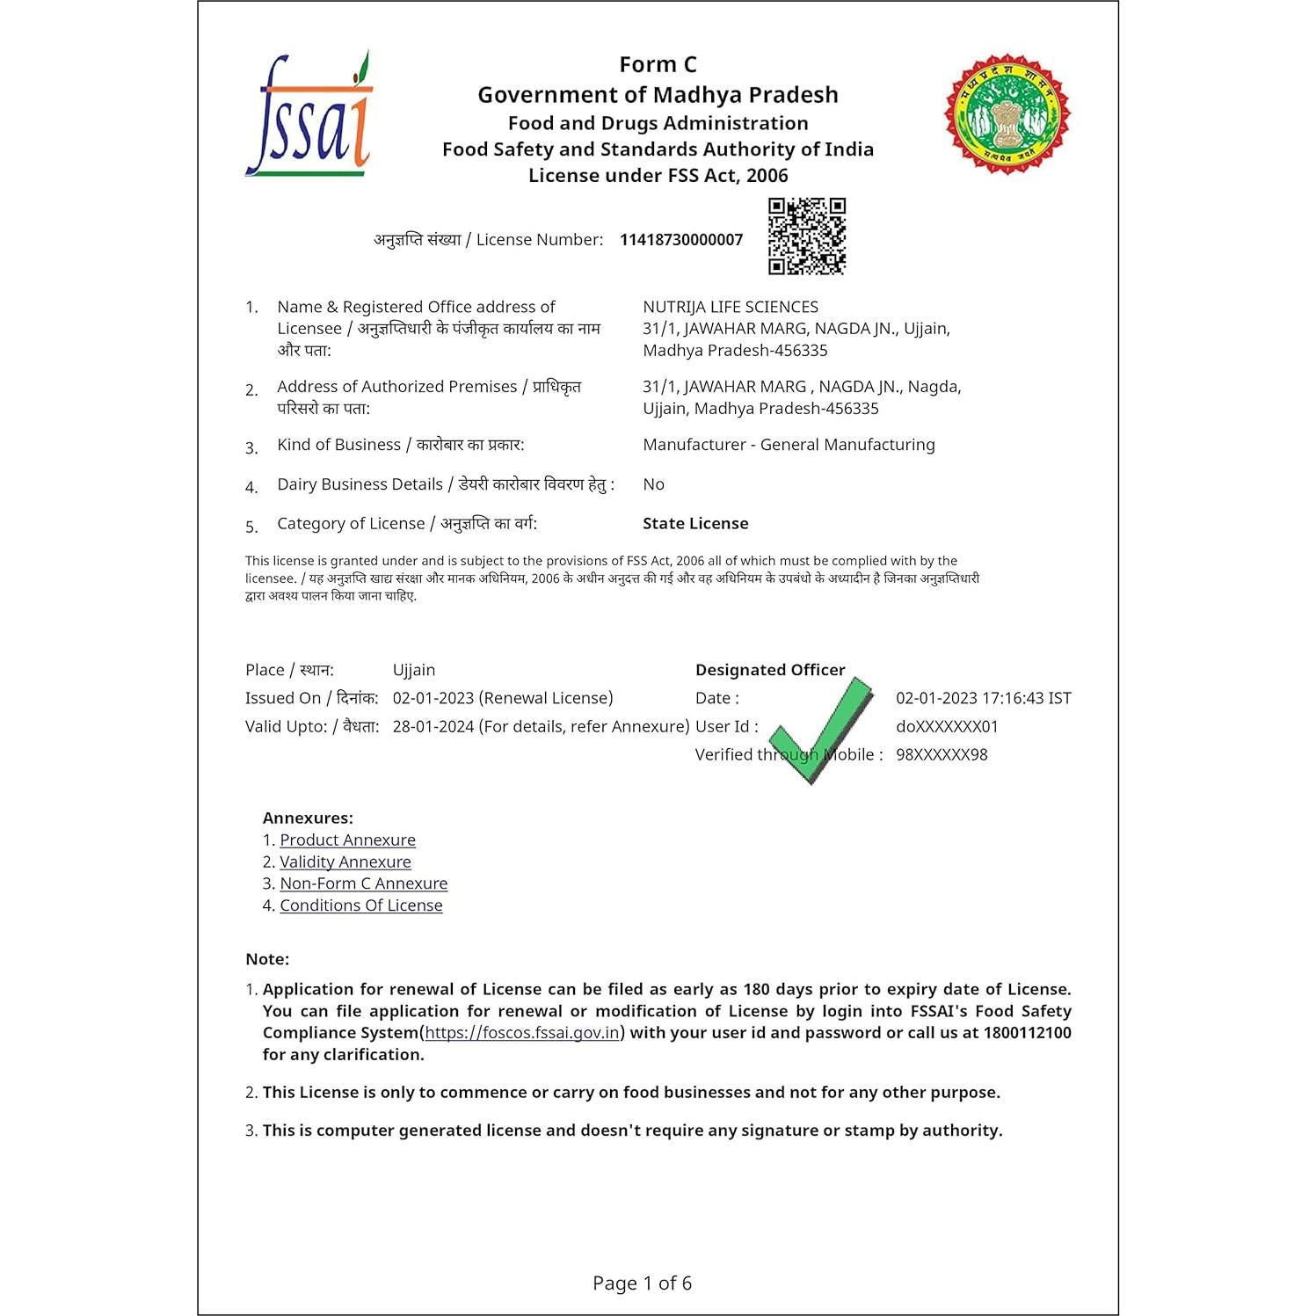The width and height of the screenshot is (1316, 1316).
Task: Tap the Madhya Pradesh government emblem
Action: pyautogui.click(x=1007, y=113)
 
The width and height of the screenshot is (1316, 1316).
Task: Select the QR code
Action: pyautogui.click(x=806, y=236)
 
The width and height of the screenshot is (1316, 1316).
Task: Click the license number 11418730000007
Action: pyautogui.click(x=680, y=240)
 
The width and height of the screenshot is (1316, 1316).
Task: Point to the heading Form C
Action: pyautogui.click(x=658, y=65)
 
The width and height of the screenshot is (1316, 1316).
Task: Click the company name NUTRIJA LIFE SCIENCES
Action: pyautogui.click(x=730, y=307)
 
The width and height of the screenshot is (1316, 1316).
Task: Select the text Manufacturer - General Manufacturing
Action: pyautogui.click(x=789, y=445)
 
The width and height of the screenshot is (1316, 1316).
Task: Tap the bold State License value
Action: pyautogui.click(x=695, y=524)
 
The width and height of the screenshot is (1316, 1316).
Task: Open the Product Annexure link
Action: pyautogui.click(x=347, y=840)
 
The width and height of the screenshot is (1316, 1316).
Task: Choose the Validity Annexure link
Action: pyautogui.click(x=345, y=862)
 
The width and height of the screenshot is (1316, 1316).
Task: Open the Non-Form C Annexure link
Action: pyautogui.click(x=363, y=883)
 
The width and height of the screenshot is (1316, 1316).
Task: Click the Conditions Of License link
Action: pyautogui.click(x=360, y=905)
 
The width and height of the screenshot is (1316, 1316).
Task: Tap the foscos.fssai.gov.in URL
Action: pyautogui.click(x=522, y=1033)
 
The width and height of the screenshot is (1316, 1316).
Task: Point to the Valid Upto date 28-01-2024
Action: pyautogui.click(x=433, y=727)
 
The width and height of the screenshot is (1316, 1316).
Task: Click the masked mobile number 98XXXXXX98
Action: pyautogui.click(x=941, y=755)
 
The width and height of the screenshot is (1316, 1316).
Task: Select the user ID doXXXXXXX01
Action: pyautogui.click(x=947, y=727)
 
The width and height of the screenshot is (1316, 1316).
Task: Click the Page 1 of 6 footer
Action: pyautogui.click(x=642, y=1283)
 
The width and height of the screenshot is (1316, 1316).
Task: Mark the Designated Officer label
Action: pyautogui.click(x=769, y=670)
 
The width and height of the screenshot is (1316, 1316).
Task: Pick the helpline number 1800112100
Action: pyautogui.click(x=1027, y=1033)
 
